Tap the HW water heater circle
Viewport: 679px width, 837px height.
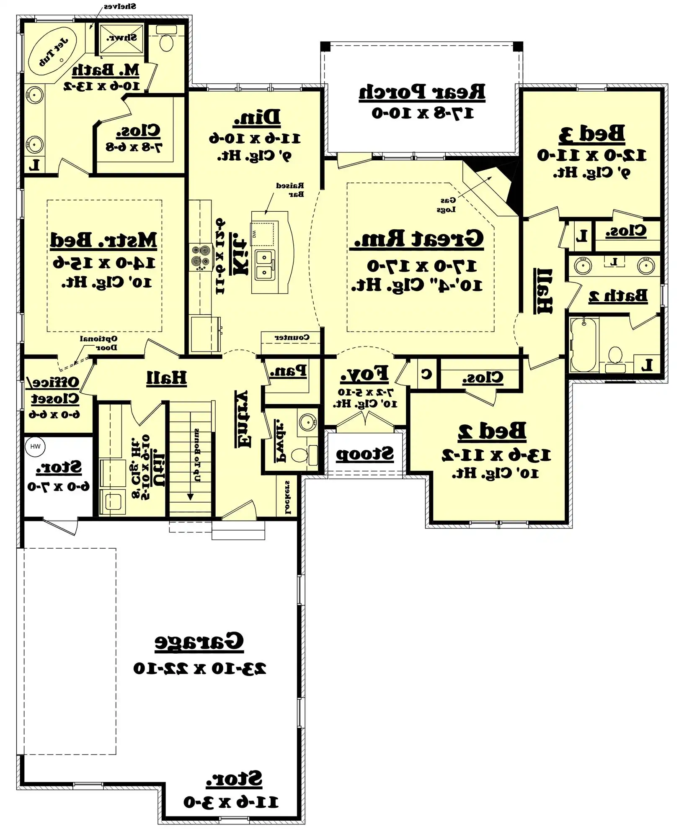click(35, 447)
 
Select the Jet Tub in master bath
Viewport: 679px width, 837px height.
click(53, 52)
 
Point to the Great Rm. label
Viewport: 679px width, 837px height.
click(418, 239)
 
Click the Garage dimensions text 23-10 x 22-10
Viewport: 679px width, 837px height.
click(199, 668)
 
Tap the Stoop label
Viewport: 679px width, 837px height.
click(365, 454)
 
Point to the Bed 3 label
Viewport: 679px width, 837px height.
click(591, 134)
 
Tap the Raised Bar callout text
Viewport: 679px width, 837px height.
click(290, 190)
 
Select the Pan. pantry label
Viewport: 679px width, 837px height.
click(288, 371)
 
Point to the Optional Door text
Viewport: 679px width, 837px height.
click(99, 343)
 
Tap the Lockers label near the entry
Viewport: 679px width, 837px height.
click(287, 497)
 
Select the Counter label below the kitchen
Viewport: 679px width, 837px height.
click(292, 337)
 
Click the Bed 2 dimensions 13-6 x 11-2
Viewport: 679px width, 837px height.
click(496, 455)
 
